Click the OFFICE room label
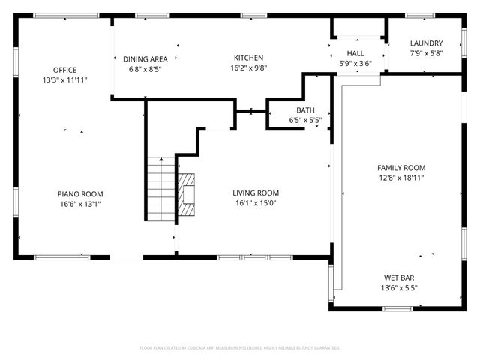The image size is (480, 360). tap(65, 70)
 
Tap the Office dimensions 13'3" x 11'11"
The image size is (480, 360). tap(65, 79)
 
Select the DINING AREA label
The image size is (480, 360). tap(145, 58)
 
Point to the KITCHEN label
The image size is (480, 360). tap(249, 58)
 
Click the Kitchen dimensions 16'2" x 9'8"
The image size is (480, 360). tap(249, 67)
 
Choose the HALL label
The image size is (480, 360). tap(355, 53)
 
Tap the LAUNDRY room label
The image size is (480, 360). tap(426, 43)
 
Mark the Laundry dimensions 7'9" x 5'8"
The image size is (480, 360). tap(426, 53)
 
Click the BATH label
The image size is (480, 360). tap(305, 110)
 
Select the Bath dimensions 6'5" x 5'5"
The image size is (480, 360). tap(305, 120)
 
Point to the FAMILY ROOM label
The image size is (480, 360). tap(401, 168)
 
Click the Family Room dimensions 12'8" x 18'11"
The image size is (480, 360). tap(401, 178)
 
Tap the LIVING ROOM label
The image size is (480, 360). tap(256, 193)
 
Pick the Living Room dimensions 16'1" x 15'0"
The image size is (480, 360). tap(256, 202)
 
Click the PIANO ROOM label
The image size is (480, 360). tap(81, 193)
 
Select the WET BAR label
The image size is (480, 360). tap(401, 277)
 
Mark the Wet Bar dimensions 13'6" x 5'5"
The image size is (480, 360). tap(401, 286)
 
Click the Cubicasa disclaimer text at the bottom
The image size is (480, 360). tap(240, 348)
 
